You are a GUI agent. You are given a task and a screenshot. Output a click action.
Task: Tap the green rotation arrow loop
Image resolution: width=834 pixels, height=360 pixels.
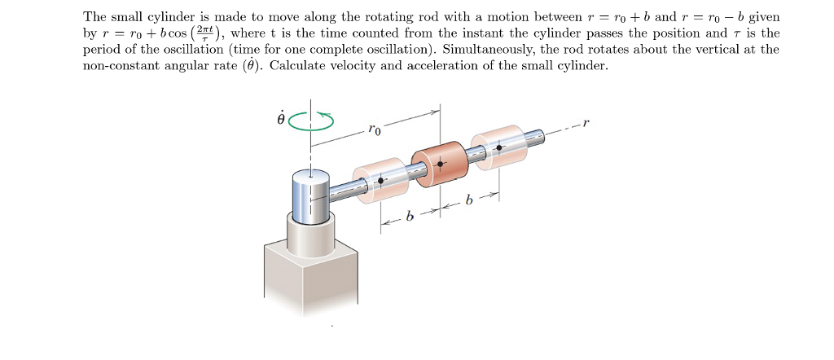click(312, 120)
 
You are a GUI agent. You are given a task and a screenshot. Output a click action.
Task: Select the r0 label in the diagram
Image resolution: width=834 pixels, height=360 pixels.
click(374, 129)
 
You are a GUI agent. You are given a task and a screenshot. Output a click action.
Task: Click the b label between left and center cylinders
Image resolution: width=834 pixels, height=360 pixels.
click(410, 217)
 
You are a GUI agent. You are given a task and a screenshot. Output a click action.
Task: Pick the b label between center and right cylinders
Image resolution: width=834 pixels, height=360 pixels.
click(467, 200)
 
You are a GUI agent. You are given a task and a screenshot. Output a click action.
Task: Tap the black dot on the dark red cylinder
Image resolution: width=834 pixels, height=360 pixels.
click(441, 164)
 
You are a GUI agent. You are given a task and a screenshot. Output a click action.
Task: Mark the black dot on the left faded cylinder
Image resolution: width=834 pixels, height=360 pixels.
click(381, 180)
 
